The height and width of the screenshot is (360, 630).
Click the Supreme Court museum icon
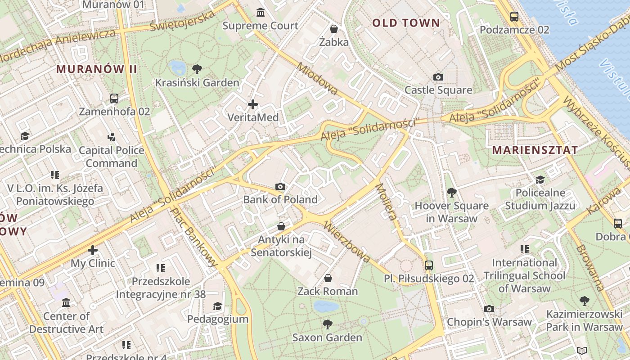coord(260,12)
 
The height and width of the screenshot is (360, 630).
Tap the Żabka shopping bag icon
coord(333,29)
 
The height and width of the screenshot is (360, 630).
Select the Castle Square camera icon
coord(438,77)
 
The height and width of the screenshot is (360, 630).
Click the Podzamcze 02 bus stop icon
coord(514,17)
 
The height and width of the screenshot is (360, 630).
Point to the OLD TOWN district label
coord(406,23)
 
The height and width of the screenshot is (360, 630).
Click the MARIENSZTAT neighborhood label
coord(535,150)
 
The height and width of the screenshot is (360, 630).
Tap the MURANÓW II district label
coord(96,69)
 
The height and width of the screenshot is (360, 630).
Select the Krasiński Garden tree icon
coord(197,69)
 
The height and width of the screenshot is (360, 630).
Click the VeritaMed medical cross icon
coord(253,104)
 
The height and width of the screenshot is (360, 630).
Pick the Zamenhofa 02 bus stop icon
coord(114,98)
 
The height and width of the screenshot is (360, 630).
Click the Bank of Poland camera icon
coord(280,186)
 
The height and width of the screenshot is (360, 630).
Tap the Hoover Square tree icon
coord(451,193)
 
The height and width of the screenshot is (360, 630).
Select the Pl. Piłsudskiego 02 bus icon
coord(428,265)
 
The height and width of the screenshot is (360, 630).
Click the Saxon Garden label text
coord(327,337)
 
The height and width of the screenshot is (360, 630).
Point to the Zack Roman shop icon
coord(328,278)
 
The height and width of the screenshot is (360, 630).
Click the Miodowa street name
coord(317,79)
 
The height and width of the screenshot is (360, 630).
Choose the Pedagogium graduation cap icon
coord(217,306)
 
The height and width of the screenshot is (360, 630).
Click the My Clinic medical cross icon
coord(93,250)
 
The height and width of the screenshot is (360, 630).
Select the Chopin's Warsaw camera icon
coord(489,309)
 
